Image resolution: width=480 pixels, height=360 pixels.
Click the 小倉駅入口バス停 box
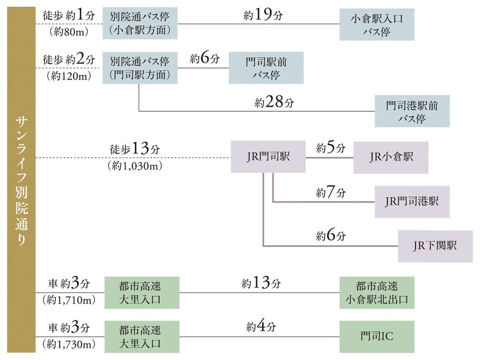[x=377, y=24]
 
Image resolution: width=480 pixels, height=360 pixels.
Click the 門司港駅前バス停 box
[x=412, y=111]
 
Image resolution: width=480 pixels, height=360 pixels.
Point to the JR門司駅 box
[x=268, y=157]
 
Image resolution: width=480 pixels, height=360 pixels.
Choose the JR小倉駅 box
[x=391, y=157]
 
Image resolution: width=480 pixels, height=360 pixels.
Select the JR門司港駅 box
[x=412, y=201]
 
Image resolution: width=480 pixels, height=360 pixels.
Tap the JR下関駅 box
[x=435, y=245]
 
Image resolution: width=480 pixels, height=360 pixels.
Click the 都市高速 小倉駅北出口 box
[x=377, y=292]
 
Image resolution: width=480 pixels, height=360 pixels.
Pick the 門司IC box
[x=377, y=336]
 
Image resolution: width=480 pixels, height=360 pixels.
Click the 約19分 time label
[x=263, y=15]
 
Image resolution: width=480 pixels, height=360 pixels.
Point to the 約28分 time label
[x=274, y=103]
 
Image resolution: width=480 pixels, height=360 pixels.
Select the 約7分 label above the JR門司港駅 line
[x=331, y=192]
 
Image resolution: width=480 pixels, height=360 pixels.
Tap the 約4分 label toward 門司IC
[x=261, y=327]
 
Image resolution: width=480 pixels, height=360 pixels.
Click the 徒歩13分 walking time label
[x=135, y=148]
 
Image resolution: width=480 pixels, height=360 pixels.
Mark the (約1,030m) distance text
[x=135, y=166]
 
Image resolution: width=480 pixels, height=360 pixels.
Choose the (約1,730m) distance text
[x=68, y=345]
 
